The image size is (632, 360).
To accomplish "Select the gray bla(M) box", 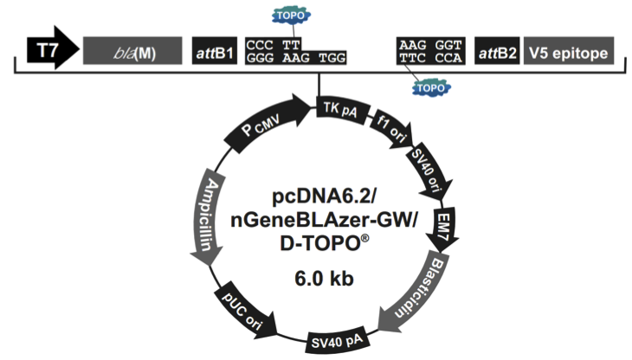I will coord(132,53).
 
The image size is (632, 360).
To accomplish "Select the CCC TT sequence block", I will coord(275,43).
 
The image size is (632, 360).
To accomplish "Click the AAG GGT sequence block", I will coord(431,43).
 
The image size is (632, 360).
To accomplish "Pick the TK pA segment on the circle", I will coord(341,108).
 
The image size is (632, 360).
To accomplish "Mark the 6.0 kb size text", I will coord(325,279).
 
